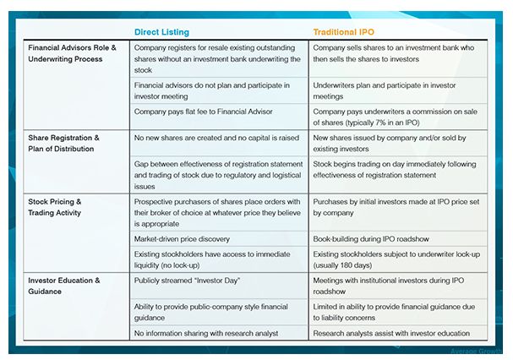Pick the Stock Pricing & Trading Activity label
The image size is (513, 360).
pos(57,208)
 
